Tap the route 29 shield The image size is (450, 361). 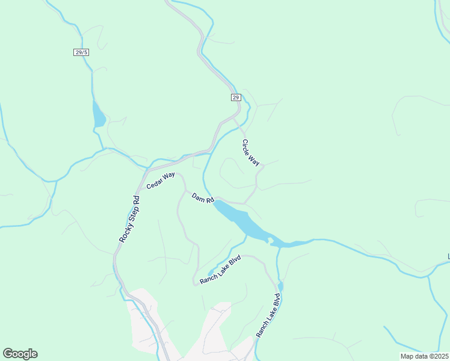(x=235, y=97)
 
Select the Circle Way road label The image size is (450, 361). (x=251, y=153)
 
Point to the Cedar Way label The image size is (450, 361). (x=161, y=180)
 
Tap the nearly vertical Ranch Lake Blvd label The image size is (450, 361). (x=268, y=315)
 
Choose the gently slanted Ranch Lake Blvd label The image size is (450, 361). (x=220, y=270)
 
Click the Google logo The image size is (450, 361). (x=20, y=354)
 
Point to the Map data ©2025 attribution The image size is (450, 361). (x=424, y=356)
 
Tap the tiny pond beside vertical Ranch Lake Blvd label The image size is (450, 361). (x=280, y=286)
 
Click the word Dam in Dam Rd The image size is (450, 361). (x=199, y=196)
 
